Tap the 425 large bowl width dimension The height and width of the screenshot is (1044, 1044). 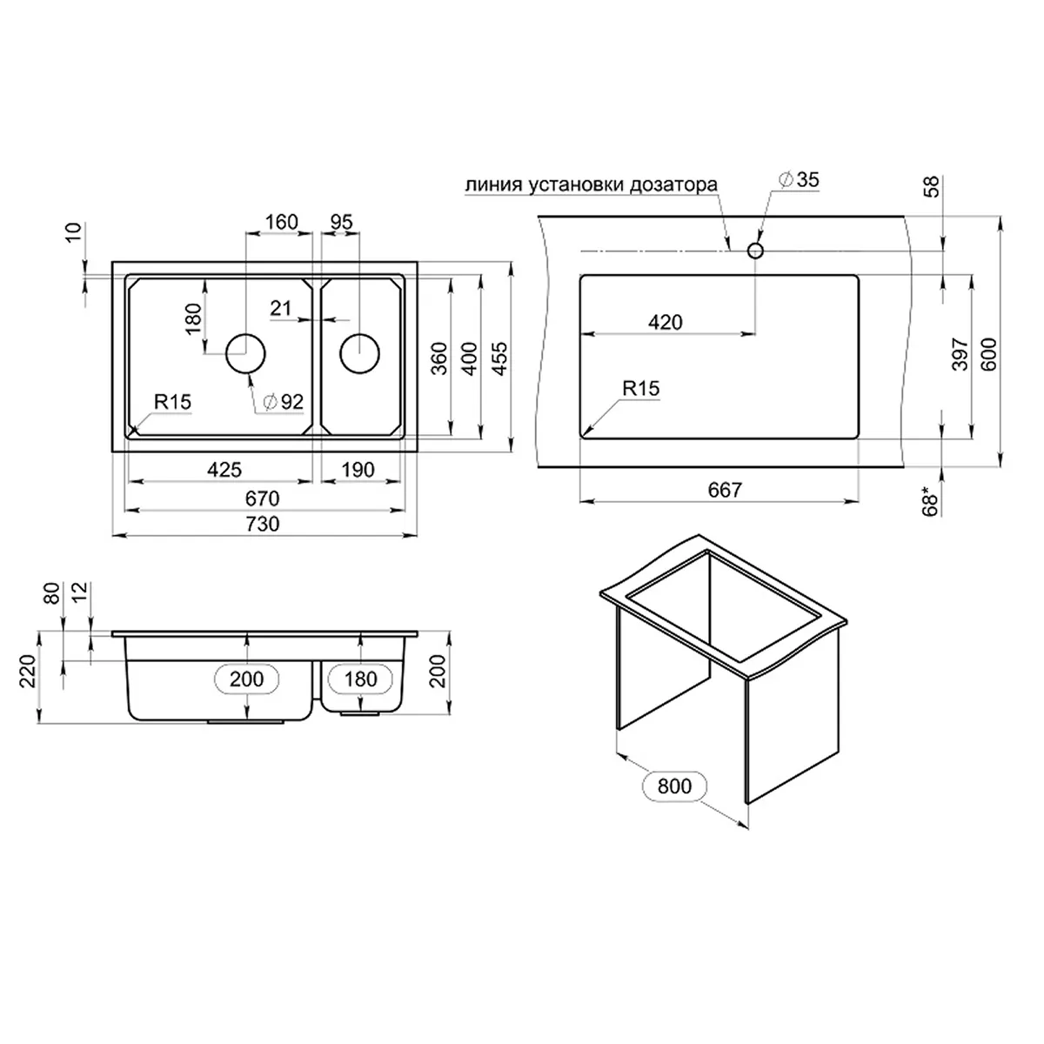pos(224,470)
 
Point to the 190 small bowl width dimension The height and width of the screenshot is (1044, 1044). pos(357,470)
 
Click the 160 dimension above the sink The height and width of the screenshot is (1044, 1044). pos(281,222)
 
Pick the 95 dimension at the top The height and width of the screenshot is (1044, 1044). pos(342,222)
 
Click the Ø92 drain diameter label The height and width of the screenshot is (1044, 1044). pos(283,401)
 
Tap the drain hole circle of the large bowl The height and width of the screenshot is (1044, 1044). pos(246,352)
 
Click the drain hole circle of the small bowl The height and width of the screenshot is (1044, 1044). pos(359,352)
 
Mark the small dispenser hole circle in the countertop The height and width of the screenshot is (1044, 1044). pos(755,251)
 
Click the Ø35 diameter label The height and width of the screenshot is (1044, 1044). pos(800,180)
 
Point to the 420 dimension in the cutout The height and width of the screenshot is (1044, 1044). pos(666,322)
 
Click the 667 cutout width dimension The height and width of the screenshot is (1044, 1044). pos(724,490)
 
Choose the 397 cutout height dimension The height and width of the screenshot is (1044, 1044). pos(960,353)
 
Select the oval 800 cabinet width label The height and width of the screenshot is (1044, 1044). pos(674,786)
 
